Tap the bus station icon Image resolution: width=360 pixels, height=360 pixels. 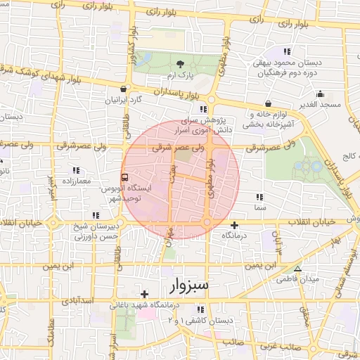(x=124, y=178)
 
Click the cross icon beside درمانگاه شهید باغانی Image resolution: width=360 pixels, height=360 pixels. (x=145, y=294)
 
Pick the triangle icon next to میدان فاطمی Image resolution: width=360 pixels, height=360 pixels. (x=297, y=269)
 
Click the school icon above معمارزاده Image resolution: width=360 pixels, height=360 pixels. (x=75, y=171)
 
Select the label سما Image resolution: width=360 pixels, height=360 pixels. (x=261, y=208)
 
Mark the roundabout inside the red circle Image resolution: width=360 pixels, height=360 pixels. (x=208, y=224)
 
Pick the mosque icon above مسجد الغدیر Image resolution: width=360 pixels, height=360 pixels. (x=321, y=94)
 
